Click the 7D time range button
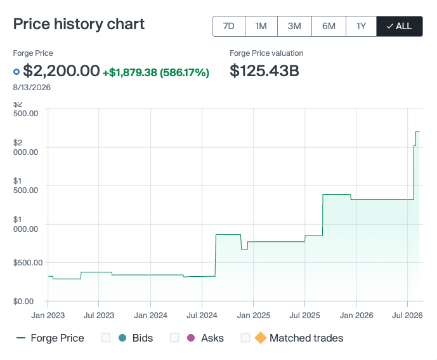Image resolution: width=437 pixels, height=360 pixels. pos(229,26)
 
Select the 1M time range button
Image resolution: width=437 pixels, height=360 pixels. pos(261,26)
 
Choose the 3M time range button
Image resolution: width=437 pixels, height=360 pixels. pos(294,26)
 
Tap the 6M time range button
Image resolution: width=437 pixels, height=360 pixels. pos(329,26)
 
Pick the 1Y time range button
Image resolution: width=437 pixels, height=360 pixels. pos(361,26)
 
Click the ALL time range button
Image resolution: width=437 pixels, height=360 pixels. pos(400,26)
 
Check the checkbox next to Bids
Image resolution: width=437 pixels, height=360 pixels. pos(106,338)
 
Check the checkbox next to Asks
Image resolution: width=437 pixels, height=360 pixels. pos(174,338)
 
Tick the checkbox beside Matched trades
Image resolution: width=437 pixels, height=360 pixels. pos(245,338)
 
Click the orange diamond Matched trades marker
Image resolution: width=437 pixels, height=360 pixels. pos(261,338)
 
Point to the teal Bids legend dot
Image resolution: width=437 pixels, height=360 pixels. pos(122,338)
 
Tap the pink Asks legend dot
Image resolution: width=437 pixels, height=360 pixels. pos(191,338)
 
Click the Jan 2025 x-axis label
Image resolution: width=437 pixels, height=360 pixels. pos(254,316)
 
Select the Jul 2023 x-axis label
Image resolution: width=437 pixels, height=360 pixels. pos(99,316)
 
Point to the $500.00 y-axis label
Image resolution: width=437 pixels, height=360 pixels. pos(28,263)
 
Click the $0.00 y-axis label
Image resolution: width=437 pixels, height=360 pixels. pos(23,302)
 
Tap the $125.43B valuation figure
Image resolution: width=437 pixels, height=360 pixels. pos(264,70)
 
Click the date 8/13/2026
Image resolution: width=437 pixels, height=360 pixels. pos(32,88)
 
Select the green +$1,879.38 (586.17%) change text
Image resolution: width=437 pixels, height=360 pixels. pos(156,72)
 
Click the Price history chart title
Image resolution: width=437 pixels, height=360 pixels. pos(79,24)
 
